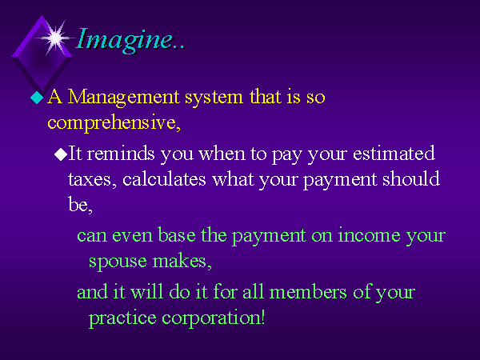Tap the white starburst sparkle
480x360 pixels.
(55, 38)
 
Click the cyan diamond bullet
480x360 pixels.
(37, 98)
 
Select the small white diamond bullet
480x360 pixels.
(61, 154)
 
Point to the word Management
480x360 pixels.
(124, 98)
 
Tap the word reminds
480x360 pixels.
(121, 153)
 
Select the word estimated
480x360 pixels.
(394, 153)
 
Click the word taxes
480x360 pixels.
(90, 179)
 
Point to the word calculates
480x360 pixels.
(164, 178)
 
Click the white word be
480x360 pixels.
(78, 204)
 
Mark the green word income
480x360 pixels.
(369, 235)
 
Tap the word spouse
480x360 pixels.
(118, 262)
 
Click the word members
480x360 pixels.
(308, 292)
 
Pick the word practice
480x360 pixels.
(122, 318)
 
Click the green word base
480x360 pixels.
(177, 235)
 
